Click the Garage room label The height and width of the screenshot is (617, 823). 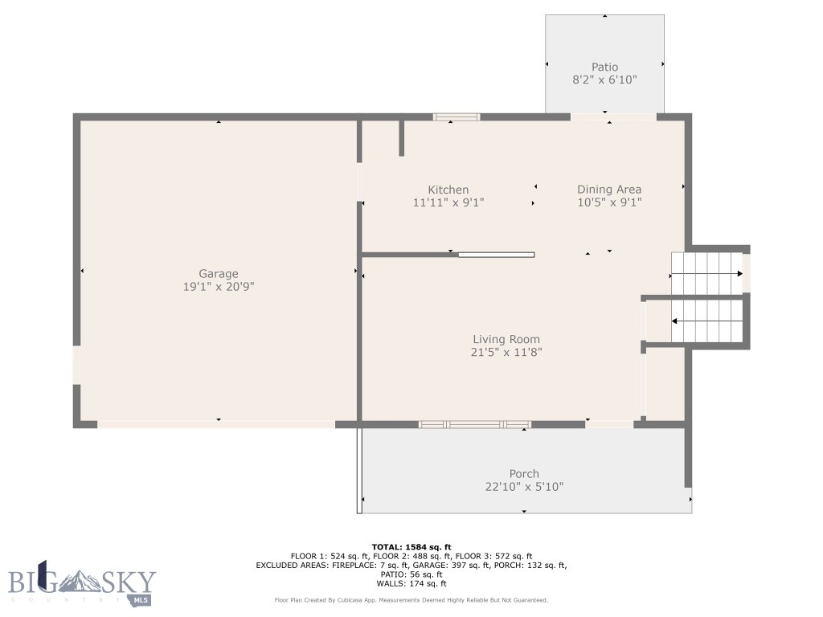pyautogui.click(x=219, y=274)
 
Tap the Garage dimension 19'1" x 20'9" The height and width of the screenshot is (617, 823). pyautogui.click(x=219, y=287)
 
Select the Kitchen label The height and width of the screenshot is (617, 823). pyautogui.click(x=448, y=190)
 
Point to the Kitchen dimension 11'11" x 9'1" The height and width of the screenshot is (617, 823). pyautogui.click(x=448, y=203)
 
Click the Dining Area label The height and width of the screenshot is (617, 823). pyautogui.click(x=609, y=190)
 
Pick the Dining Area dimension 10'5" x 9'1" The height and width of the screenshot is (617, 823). pyautogui.click(x=609, y=203)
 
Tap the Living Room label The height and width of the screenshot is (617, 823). pyautogui.click(x=506, y=339)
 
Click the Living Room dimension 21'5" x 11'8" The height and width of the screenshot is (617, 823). pyautogui.click(x=506, y=352)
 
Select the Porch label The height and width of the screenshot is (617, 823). pyautogui.click(x=524, y=473)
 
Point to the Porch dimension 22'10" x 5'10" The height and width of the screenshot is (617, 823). pyautogui.click(x=524, y=486)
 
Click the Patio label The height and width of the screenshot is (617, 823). pyautogui.click(x=604, y=67)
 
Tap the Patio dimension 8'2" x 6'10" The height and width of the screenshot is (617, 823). pyautogui.click(x=604, y=80)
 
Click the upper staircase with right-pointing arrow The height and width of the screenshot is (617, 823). pyautogui.click(x=706, y=273)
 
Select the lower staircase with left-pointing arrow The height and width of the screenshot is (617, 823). pyautogui.click(x=706, y=321)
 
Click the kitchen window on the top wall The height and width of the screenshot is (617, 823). pyautogui.click(x=457, y=117)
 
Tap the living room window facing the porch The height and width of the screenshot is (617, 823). pyautogui.click(x=474, y=424)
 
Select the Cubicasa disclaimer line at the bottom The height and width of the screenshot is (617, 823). pyautogui.click(x=411, y=600)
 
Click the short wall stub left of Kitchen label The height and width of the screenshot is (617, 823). pyautogui.click(x=401, y=138)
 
